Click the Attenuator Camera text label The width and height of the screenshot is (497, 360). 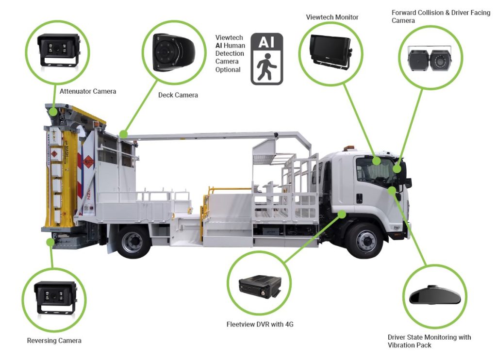click(88, 91)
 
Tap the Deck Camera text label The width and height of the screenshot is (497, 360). click(178, 95)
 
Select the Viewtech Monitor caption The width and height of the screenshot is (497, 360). click(332, 17)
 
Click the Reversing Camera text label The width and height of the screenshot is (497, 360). click(54, 341)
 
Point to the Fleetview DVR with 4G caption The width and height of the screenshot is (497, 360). click(260, 324)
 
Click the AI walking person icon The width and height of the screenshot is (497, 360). click(266, 59)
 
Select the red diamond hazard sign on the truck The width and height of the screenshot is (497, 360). click(87, 162)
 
